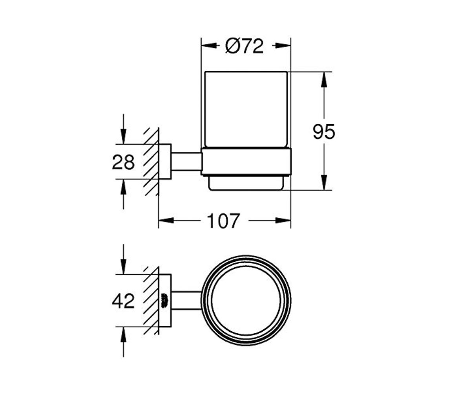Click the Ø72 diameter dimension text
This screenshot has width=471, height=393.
coord(244,46)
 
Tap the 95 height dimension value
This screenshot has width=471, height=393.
coord(324,132)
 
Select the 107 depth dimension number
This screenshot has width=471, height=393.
coord(223,221)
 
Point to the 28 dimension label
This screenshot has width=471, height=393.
coord(123,162)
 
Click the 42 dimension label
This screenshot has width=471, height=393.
coord(123,301)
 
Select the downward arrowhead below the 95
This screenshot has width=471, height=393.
coord(324,182)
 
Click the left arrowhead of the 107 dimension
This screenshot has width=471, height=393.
coord(166,220)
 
